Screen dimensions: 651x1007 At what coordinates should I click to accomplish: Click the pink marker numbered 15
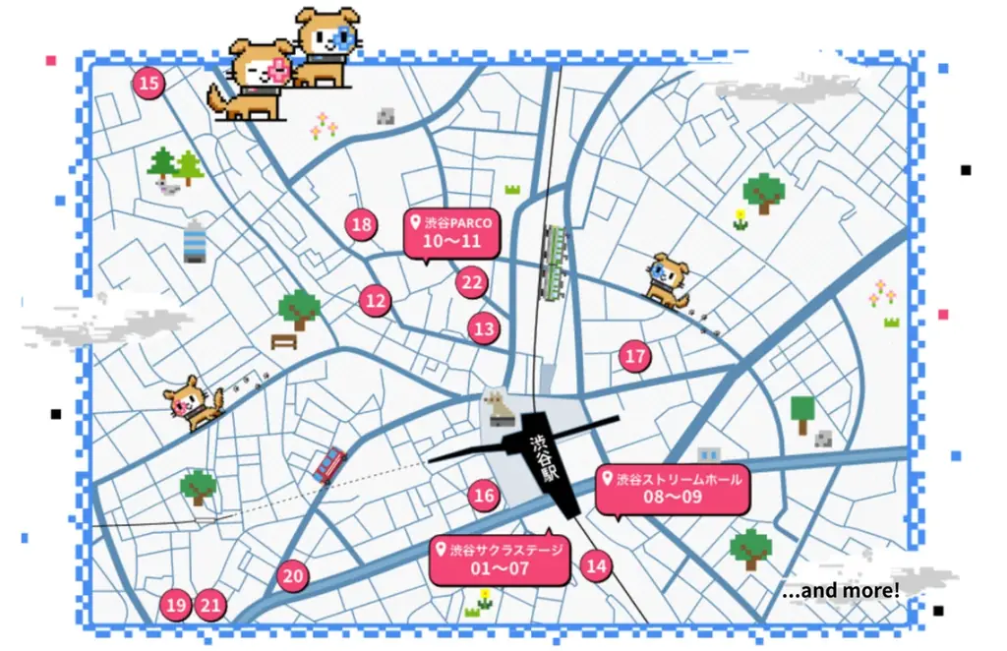click(148, 84)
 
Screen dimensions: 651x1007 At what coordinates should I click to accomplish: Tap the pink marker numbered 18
click(362, 225)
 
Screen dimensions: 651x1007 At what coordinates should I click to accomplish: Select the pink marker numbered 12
click(375, 300)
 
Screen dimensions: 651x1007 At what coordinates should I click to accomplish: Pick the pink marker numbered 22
click(472, 283)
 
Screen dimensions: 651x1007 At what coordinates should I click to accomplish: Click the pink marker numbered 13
click(484, 328)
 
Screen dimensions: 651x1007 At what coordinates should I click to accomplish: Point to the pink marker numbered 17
click(635, 356)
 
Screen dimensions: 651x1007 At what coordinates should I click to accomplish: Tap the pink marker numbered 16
click(484, 495)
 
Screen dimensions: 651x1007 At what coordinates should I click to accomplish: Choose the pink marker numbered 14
click(596, 565)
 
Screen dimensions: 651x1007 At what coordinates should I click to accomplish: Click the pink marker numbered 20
click(293, 575)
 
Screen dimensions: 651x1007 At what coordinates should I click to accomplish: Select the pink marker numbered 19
click(176, 605)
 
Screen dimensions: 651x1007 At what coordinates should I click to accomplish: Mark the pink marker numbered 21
click(210, 605)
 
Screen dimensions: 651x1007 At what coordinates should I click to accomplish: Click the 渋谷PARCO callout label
click(451, 233)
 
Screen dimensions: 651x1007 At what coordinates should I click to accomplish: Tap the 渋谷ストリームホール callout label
click(673, 489)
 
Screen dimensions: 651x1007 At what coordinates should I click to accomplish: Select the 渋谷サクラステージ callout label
click(500, 559)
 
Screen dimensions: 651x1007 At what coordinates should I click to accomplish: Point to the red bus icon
click(329, 464)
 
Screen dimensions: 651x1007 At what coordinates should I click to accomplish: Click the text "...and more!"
click(841, 591)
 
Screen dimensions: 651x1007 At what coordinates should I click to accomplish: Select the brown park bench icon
click(284, 341)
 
